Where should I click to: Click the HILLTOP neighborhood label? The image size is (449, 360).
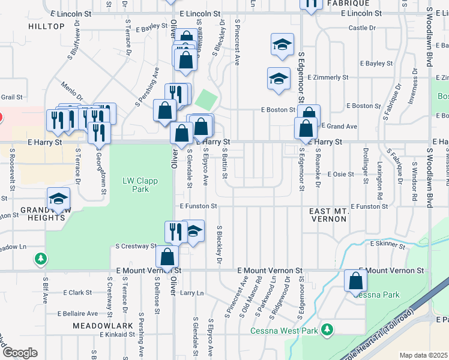coord(46,26)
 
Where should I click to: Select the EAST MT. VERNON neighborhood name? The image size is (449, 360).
coord(328,215)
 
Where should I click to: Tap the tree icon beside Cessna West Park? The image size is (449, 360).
coord(327,329)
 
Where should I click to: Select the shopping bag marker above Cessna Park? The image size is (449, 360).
coord(356,280)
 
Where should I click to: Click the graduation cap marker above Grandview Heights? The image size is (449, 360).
coord(59,199)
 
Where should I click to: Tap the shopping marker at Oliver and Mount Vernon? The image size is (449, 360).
coord(167,256)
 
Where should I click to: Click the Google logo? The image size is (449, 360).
coord(19,353)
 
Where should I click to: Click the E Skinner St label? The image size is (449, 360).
coord(388,244)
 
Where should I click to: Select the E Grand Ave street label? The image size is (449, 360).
coord(339,127)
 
